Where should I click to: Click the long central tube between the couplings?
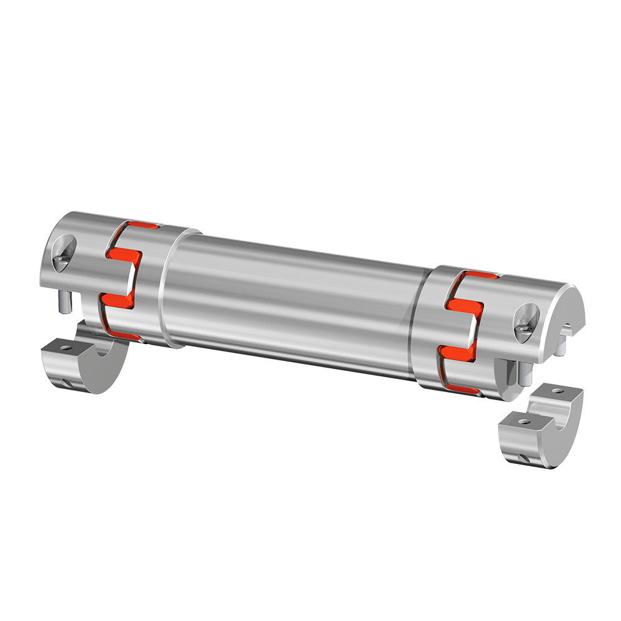[x=292, y=298]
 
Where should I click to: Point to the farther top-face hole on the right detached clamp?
[x=555, y=392]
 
